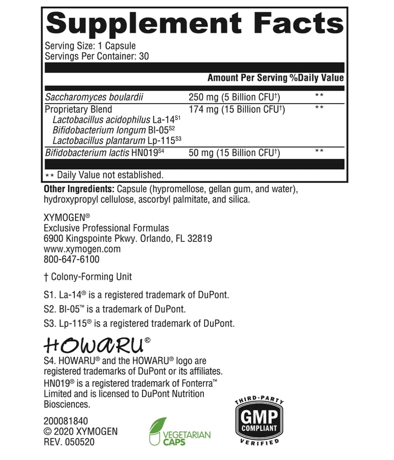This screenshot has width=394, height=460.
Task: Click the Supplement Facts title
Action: tap(195, 23)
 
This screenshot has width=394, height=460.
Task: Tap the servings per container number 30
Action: tap(144, 56)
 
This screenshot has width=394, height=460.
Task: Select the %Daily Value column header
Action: tap(316, 78)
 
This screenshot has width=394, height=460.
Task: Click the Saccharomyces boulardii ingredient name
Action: tap(94, 97)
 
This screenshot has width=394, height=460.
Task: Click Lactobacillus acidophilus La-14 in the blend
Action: tap(116, 120)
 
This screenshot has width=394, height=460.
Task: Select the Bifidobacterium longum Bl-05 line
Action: tap(113, 130)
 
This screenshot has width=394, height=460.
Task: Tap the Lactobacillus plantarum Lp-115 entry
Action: tap(117, 140)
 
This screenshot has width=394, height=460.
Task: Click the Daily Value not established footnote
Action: tap(105, 175)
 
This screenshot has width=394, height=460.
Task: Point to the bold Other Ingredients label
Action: tap(79, 189)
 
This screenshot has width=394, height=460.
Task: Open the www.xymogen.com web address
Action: tap(82, 249)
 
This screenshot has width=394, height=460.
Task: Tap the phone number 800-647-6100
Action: tap(72, 259)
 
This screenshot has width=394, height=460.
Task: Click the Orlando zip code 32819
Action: tap(199, 238)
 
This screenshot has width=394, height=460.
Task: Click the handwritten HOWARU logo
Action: tap(94, 345)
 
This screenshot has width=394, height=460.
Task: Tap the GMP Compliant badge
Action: tap(259, 421)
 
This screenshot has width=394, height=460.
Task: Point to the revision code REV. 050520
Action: tap(69, 442)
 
